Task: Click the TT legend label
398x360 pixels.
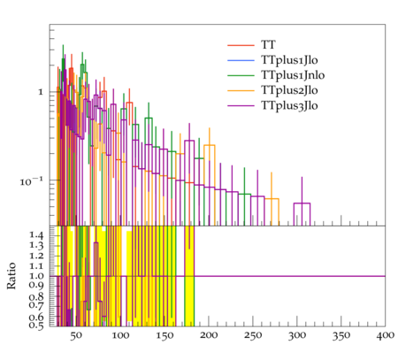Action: pyautogui.click(x=268, y=45)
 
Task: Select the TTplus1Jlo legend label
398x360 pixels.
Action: pyautogui.click(x=289, y=60)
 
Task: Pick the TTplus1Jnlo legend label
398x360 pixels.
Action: pyautogui.click(x=293, y=75)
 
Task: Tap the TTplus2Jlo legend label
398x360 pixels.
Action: pyautogui.click(x=289, y=90)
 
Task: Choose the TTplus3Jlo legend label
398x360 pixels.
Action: pyautogui.click(x=289, y=105)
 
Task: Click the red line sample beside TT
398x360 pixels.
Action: pyautogui.click(x=241, y=45)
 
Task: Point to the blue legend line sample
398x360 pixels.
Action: pyautogui.click(x=241, y=60)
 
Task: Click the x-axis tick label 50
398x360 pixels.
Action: pyautogui.click(x=76, y=336)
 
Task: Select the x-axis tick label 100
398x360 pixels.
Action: pyautogui.click(x=120, y=336)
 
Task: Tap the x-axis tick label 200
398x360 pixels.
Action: pyautogui.click(x=209, y=336)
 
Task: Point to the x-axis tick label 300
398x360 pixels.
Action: pyautogui.click(x=297, y=336)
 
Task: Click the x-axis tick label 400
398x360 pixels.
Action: pyautogui.click(x=386, y=336)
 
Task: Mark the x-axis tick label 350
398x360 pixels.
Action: pyautogui.click(x=341, y=336)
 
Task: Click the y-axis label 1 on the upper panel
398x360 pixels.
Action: pyautogui.click(x=41, y=92)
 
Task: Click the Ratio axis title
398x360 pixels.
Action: pyautogui.click(x=11, y=276)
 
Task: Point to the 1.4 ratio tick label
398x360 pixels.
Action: pyautogui.click(x=36, y=235)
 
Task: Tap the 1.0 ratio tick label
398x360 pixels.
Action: pyautogui.click(x=36, y=276)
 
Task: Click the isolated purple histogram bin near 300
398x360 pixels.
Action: pyautogui.click(x=302, y=203)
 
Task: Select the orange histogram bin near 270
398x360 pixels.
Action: pyautogui.click(x=272, y=199)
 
